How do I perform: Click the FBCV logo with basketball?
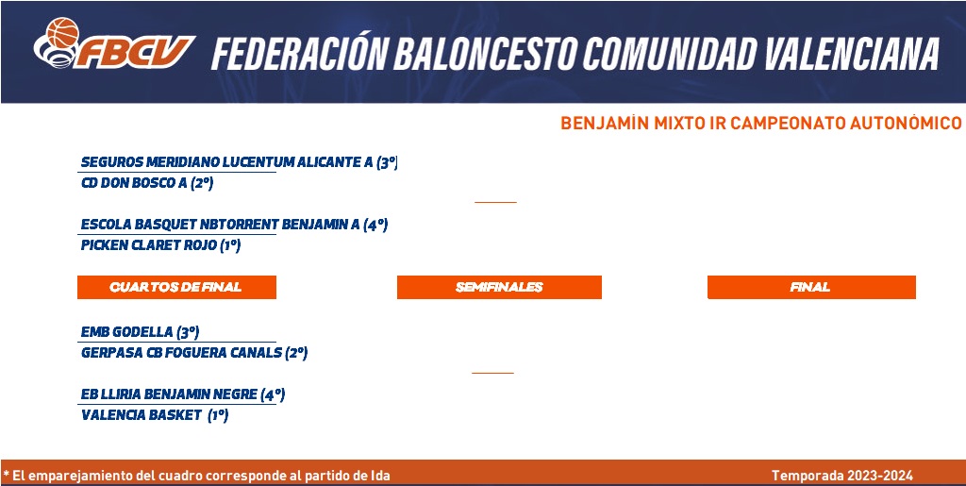tap(114, 43)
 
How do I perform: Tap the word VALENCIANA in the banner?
tap(852, 53)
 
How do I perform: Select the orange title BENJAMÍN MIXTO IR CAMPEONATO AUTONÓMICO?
tap(761, 124)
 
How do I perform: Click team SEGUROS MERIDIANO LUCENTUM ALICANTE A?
tap(226, 162)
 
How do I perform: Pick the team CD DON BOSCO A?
tap(134, 184)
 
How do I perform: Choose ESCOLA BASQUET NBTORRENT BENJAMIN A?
tap(220, 225)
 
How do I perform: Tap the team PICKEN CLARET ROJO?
tap(148, 245)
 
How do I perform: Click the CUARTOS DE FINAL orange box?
tap(176, 287)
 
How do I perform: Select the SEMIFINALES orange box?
tap(499, 287)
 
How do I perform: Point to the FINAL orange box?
tap(811, 287)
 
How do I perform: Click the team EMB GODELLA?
tap(127, 332)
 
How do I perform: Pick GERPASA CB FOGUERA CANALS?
tap(181, 353)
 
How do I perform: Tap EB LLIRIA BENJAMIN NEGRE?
tap(169, 394)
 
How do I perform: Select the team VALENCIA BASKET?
tap(142, 415)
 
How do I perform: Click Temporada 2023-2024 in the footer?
tap(842, 476)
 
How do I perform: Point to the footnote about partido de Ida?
tap(196, 476)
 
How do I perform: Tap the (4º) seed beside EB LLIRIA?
tap(273, 394)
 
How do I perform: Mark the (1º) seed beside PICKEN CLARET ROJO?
tap(230, 245)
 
